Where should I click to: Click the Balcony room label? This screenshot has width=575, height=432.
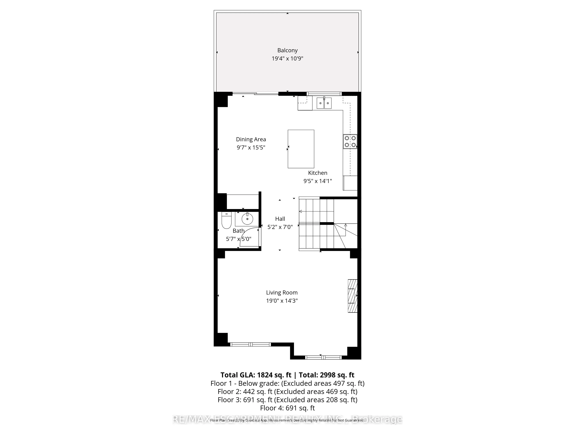287,50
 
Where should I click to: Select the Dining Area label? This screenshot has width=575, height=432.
251,139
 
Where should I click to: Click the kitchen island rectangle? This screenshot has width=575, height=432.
301,149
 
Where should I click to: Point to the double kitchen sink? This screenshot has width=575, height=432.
324,103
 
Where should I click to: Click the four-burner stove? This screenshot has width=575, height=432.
350,141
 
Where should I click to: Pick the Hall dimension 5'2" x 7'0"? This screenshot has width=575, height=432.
280,227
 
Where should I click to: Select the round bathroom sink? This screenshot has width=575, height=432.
247,219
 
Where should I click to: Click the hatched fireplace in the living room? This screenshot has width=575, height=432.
352,296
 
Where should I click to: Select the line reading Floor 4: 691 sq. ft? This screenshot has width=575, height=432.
287,408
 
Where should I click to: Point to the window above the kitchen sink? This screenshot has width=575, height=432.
324,94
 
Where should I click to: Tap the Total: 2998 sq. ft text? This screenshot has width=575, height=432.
326,375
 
